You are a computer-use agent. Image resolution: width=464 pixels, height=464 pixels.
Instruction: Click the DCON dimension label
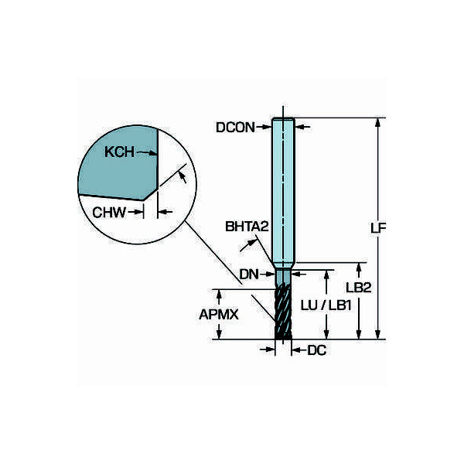[x=235, y=128]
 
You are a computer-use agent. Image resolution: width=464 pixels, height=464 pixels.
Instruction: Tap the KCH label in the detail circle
[x=119, y=152]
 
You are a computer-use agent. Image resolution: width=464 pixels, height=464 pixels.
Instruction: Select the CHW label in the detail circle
[x=109, y=213]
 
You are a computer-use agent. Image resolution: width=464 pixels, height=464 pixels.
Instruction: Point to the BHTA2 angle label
[x=247, y=227]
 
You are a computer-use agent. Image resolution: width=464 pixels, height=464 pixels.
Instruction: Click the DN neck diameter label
[x=249, y=275]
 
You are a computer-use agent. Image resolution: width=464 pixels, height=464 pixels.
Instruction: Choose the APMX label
[x=219, y=314]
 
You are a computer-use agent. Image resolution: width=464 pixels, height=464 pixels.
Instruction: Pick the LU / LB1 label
[x=326, y=305]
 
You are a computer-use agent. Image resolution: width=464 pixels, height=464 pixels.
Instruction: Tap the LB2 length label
[x=359, y=288]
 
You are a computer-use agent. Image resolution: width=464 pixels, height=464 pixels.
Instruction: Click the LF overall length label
[x=378, y=228]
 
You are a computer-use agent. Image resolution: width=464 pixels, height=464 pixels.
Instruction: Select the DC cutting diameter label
[x=316, y=350]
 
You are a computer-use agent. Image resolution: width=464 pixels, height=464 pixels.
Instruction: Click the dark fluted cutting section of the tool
[x=283, y=314]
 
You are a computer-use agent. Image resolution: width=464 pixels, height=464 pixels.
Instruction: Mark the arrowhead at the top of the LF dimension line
[x=377, y=122]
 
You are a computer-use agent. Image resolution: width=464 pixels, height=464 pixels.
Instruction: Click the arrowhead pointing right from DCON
[x=268, y=128]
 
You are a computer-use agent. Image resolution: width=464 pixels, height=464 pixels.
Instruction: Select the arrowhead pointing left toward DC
[x=296, y=350]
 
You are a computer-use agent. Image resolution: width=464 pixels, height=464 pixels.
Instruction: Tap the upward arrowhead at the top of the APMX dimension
[x=219, y=294]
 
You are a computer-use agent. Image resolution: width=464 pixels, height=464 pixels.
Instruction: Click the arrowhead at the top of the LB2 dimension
[x=359, y=268]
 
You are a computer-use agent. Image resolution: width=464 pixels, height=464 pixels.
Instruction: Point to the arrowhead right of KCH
[x=153, y=153]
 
